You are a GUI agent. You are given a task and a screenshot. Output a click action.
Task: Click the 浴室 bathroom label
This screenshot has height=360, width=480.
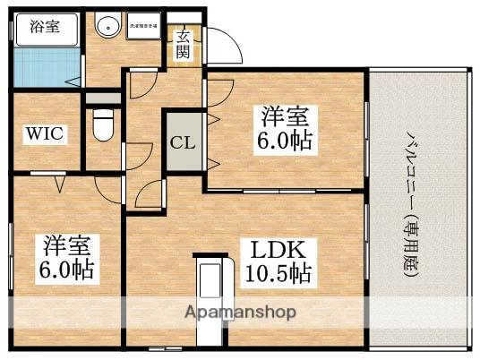tap(39, 26)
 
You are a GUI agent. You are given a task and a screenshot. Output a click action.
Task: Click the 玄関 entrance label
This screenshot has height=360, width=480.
tap(183, 43)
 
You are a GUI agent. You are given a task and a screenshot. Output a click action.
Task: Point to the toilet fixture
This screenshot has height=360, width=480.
tap(101, 124)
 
